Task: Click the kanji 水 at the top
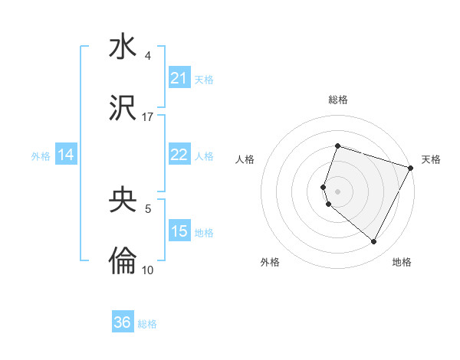(123, 47)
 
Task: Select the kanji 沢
(123, 108)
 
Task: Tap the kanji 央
(123, 200)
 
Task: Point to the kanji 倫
(123, 261)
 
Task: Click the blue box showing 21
(179, 78)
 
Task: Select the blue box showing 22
(179, 155)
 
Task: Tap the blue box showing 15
(179, 231)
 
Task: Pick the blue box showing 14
(66, 155)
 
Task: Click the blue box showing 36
(123, 322)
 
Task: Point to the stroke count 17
(148, 117)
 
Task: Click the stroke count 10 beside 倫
(148, 270)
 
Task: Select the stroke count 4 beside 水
(148, 56)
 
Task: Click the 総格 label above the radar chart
(337, 100)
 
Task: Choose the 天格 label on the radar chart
(431, 159)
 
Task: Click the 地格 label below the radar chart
(402, 263)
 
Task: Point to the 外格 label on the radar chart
(270, 263)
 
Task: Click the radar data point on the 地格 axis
(374, 242)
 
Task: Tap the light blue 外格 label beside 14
(41, 155)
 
